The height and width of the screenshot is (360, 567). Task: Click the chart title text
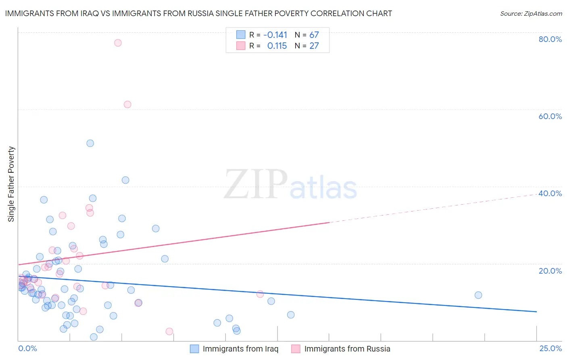[x=198, y=13]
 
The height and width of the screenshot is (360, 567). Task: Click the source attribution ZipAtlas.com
[x=531, y=13]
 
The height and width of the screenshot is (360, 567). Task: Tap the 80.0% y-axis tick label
[x=550, y=39]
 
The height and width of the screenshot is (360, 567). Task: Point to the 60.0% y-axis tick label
[x=550, y=116]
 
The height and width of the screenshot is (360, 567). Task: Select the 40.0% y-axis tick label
[x=550, y=193]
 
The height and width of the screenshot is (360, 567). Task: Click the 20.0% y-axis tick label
[x=550, y=271]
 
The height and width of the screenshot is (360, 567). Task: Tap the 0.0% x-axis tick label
[x=27, y=348]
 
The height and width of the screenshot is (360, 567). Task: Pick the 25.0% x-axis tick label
[x=550, y=348]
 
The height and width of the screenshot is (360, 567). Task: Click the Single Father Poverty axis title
[x=11, y=184]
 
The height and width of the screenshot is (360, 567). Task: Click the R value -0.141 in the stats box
[x=275, y=35]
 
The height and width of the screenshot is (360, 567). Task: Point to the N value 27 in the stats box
[x=314, y=46]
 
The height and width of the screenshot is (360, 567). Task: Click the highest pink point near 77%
[x=118, y=43]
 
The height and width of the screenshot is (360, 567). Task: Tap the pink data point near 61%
[x=127, y=105]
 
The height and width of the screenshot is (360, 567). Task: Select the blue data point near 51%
[x=90, y=143]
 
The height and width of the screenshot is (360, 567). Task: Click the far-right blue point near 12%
[x=478, y=295]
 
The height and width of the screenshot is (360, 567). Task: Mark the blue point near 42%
[x=125, y=180]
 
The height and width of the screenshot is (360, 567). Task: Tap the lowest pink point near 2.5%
[x=169, y=331]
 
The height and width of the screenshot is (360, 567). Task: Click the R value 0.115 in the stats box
[x=277, y=46]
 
